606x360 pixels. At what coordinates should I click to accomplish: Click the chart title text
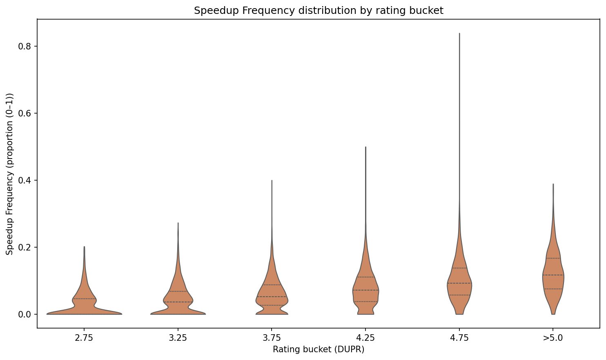click(319, 11)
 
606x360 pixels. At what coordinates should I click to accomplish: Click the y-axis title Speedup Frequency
click(10, 174)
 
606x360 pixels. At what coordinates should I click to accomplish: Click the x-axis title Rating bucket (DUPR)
click(319, 349)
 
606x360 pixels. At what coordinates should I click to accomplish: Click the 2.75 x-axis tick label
click(84, 338)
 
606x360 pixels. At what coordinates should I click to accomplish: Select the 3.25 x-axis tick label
click(178, 338)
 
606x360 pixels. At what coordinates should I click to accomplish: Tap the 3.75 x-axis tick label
click(272, 338)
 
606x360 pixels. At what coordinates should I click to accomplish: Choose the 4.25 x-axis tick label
click(365, 338)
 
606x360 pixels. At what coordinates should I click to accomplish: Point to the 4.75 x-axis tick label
click(459, 338)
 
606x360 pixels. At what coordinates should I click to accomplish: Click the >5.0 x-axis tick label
click(553, 338)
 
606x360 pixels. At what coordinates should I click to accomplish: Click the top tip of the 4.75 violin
click(459, 34)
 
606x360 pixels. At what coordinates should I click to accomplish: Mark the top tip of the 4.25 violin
click(365, 147)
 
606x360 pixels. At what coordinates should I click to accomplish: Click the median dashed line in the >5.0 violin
click(553, 275)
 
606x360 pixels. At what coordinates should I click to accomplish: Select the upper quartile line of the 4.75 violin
click(459, 268)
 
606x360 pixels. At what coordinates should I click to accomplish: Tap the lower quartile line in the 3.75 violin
click(272, 305)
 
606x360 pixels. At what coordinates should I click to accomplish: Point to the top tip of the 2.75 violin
click(84, 247)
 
